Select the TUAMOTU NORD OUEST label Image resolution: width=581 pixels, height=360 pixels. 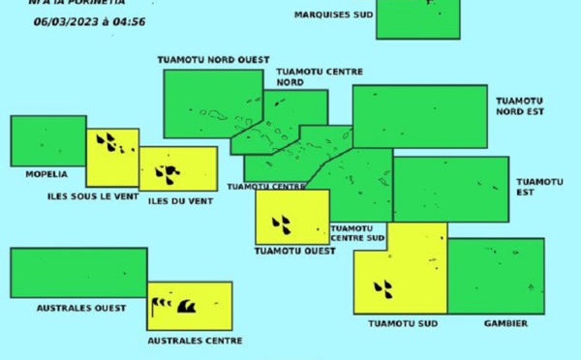click(213, 60)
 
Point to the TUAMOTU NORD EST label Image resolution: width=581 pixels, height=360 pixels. click(519, 106)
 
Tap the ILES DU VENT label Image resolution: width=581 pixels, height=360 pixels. click(179, 201)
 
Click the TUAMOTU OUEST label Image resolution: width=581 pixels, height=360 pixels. click(294, 251)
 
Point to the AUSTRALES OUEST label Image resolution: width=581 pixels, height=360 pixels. click(81, 308)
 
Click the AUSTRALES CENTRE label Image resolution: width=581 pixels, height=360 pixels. click(195, 341)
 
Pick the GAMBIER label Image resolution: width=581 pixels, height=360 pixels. click(505, 323)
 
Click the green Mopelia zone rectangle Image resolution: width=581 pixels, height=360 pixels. click(47, 141)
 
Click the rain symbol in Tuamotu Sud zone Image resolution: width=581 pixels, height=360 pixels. click(384, 287)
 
